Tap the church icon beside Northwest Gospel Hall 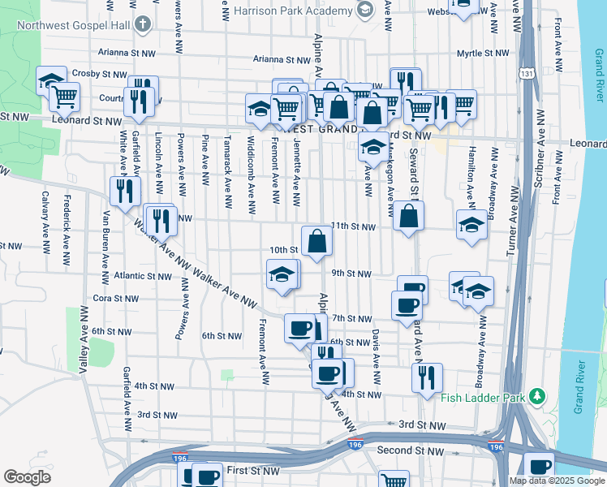pos(144,23)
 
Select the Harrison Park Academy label pos(292,11)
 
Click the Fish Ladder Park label pos(483,398)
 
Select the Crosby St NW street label pos(96,73)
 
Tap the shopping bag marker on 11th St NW pos(409,216)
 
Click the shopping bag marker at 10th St pos(316,240)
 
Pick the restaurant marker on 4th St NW pos(426,377)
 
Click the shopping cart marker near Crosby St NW pos(65,97)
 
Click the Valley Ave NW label pos(82,339)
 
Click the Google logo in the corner pos(27,476)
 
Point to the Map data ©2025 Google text pos(556,481)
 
